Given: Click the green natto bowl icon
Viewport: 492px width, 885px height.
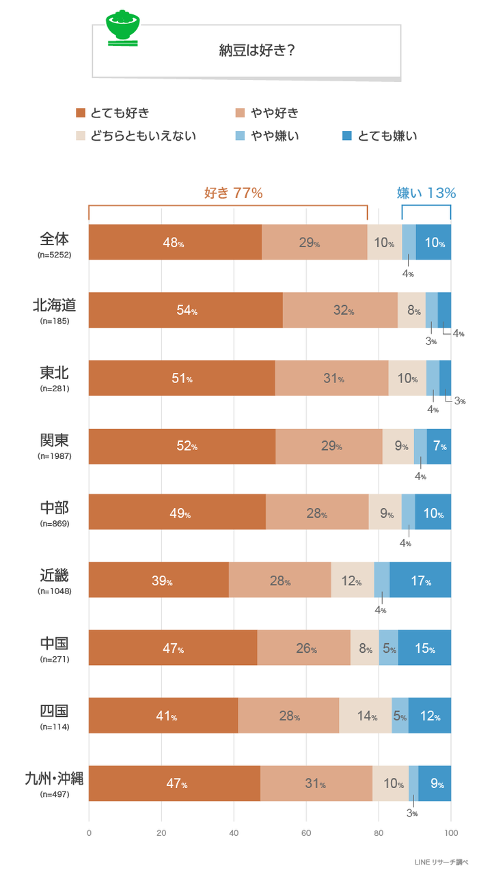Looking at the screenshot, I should click(x=123, y=29).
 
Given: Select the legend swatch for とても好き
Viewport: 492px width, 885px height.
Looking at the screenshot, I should click(x=81, y=113).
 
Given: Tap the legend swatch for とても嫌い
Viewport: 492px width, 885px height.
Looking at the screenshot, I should click(x=347, y=136).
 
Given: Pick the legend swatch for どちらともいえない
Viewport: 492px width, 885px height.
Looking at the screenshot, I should click(x=81, y=136).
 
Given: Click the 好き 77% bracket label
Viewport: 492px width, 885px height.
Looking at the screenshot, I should click(x=234, y=193).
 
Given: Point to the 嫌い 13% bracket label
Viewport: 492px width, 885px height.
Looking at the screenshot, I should click(x=426, y=193).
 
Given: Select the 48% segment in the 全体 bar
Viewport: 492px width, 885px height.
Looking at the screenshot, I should click(x=175, y=242).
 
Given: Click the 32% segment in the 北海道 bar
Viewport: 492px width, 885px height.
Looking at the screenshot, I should click(x=340, y=311).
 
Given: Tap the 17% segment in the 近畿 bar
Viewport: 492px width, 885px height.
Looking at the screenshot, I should click(x=420, y=580).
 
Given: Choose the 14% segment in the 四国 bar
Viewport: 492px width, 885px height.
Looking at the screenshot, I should click(x=366, y=716).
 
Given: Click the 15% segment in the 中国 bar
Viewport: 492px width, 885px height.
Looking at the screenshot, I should click(x=424, y=648).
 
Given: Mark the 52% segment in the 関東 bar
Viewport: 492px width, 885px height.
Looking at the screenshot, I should click(x=182, y=446).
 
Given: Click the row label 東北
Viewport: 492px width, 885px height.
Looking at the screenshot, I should click(x=54, y=373).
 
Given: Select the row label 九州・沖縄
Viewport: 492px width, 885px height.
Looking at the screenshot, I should click(x=54, y=778).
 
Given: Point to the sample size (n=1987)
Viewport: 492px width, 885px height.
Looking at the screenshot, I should click(x=54, y=455).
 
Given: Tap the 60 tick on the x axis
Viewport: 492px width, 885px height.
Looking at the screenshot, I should click(x=306, y=833).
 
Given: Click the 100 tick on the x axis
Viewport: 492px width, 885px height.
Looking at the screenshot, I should click(x=450, y=833).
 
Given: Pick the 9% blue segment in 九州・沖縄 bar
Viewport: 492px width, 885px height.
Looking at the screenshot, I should click(x=435, y=783).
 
